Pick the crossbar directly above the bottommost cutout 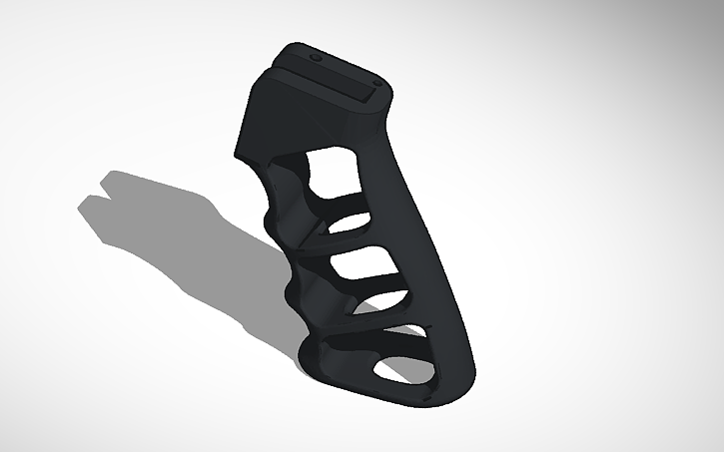point(379,334)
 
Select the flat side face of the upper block point(264,120)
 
